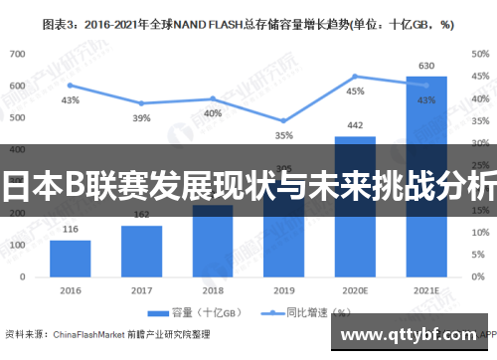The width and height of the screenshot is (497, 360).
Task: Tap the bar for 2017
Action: click(141, 248)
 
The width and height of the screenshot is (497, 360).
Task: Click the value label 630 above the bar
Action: click(425, 67)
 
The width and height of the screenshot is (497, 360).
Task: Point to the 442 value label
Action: click(355, 125)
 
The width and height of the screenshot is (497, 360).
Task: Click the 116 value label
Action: click(70, 230)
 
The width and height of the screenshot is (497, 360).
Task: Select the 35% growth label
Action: click(284, 135)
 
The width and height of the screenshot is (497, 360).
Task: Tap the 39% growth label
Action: click(141, 118)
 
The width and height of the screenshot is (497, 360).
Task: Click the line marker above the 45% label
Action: click(355, 77)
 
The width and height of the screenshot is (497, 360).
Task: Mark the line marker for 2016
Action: click(70, 85)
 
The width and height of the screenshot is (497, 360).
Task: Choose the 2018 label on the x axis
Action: click(213, 290)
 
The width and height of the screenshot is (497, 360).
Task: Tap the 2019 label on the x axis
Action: click(284, 290)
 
